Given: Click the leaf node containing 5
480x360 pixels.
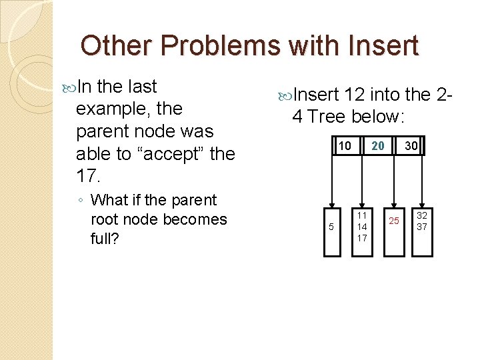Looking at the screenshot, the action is [332, 227].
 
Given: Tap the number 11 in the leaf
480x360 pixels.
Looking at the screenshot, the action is [361, 215].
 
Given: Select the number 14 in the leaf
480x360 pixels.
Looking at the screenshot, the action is [361, 227].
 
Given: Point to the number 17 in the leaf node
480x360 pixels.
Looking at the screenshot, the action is [361, 238].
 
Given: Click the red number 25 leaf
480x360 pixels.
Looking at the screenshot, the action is [394, 221].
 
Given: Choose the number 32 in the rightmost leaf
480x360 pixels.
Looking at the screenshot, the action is [422, 215].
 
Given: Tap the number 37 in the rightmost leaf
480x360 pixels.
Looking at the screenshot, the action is [422, 227].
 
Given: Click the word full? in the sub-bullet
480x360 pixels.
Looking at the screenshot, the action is [105, 238].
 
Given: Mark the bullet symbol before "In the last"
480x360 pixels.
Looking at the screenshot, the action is [71, 87].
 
